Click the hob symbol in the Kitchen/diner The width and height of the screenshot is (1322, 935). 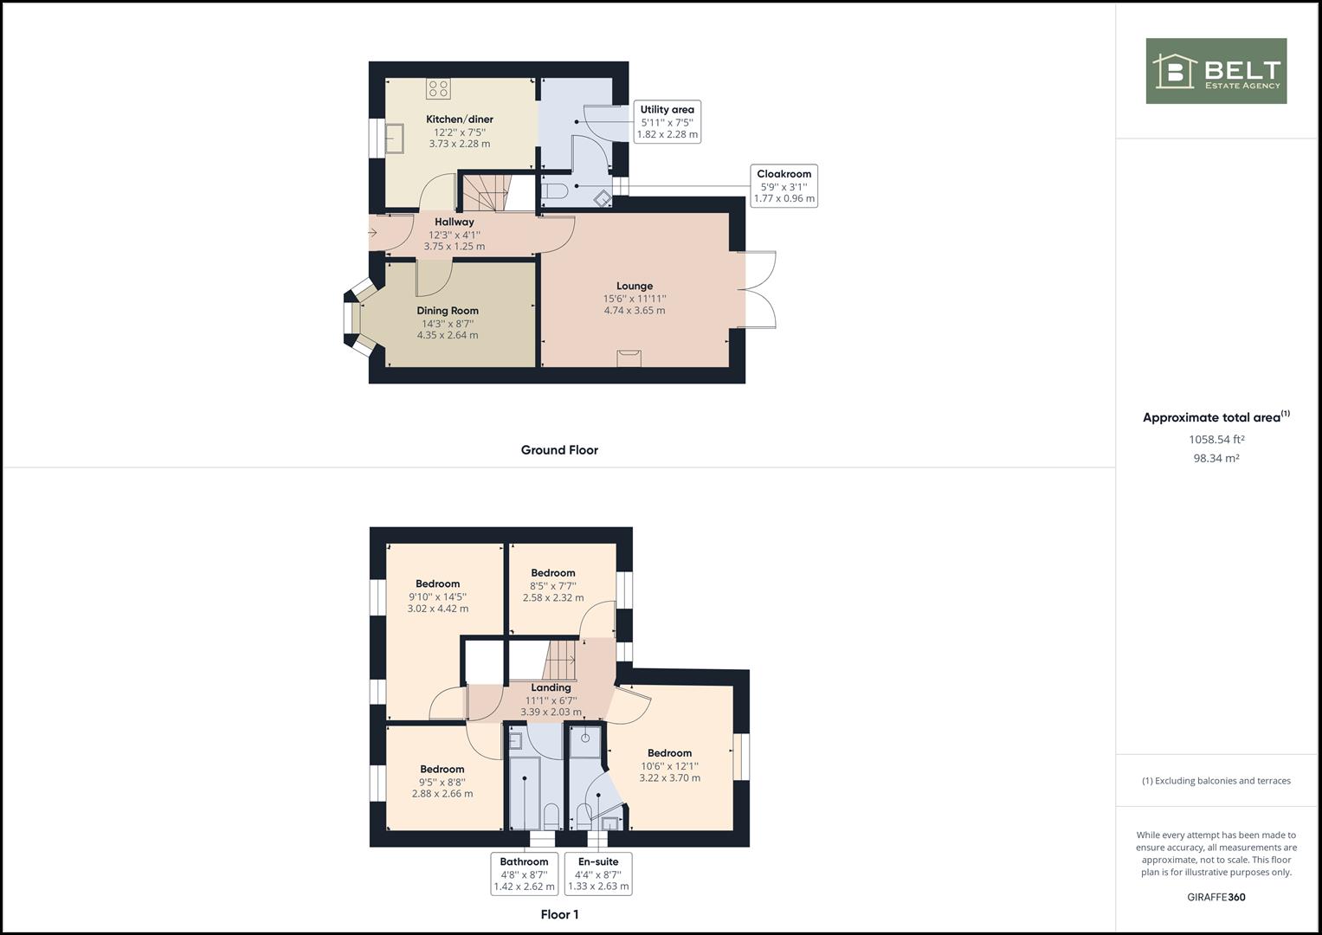click(439, 88)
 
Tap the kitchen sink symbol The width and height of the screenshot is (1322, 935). click(394, 139)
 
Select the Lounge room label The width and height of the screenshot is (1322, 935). click(635, 287)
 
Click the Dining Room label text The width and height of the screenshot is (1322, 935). click(448, 311)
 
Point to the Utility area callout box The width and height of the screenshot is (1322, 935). click(667, 121)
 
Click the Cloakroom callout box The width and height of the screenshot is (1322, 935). click(784, 185)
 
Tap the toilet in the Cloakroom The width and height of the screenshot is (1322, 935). click(555, 190)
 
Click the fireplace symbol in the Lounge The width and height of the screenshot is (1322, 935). click(629, 358)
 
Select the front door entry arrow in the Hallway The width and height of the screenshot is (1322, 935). click(372, 233)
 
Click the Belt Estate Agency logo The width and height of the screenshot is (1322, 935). click(1216, 71)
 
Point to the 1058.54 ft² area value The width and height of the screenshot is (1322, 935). click(1216, 440)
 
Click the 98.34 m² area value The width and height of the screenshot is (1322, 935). click(1216, 458)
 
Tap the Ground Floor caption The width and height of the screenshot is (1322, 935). click(559, 450)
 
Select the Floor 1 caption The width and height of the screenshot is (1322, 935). click(559, 914)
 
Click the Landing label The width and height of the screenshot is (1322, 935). click(551, 687)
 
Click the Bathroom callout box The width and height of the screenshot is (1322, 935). click(524, 874)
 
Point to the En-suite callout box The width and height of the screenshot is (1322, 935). click(598, 874)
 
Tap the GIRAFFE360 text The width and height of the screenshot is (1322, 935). click(1216, 897)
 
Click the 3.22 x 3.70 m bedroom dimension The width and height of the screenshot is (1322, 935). click(670, 778)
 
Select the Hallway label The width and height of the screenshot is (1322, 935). click(455, 222)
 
